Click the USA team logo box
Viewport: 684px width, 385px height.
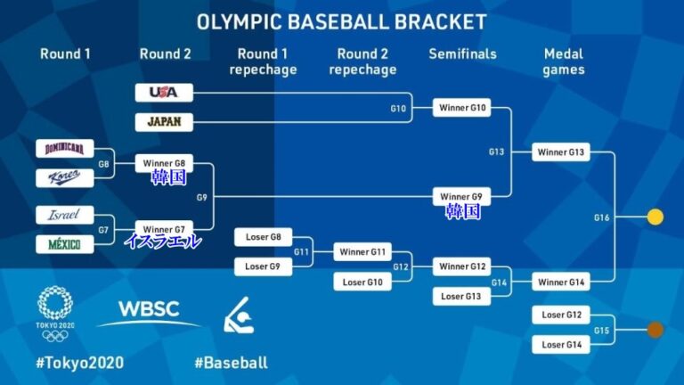click(x=164, y=93)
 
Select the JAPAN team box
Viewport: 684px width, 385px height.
click(x=164, y=122)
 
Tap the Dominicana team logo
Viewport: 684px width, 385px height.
click(x=64, y=149)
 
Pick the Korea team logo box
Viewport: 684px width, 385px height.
click(x=64, y=177)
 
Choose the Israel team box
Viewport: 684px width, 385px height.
click(x=64, y=215)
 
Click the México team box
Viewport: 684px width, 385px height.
click(x=64, y=244)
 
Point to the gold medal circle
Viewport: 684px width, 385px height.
click(x=655, y=217)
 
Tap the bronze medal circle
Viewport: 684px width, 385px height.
click(x=655, y=330)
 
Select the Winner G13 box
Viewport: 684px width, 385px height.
click(x=561, y=152)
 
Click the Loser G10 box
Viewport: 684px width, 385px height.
click(x=362, y=282)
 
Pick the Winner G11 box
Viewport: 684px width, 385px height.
click(x=362, y=252)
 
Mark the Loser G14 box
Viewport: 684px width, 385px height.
click(x=561, y=344)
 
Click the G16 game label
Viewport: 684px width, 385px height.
click(x=601, y=217)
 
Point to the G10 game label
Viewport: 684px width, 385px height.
click(x=398, y=108)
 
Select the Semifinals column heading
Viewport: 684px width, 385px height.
click(x=462, y=53)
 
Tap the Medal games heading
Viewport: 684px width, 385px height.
click(x=564, y=61)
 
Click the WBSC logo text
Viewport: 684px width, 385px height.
click(x=149, y=309)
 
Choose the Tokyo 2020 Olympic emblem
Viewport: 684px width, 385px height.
click(x=55, y=314)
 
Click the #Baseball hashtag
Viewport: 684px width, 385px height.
click(x=232, y=363)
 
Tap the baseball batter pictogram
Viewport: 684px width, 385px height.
click(x=239, y=315)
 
